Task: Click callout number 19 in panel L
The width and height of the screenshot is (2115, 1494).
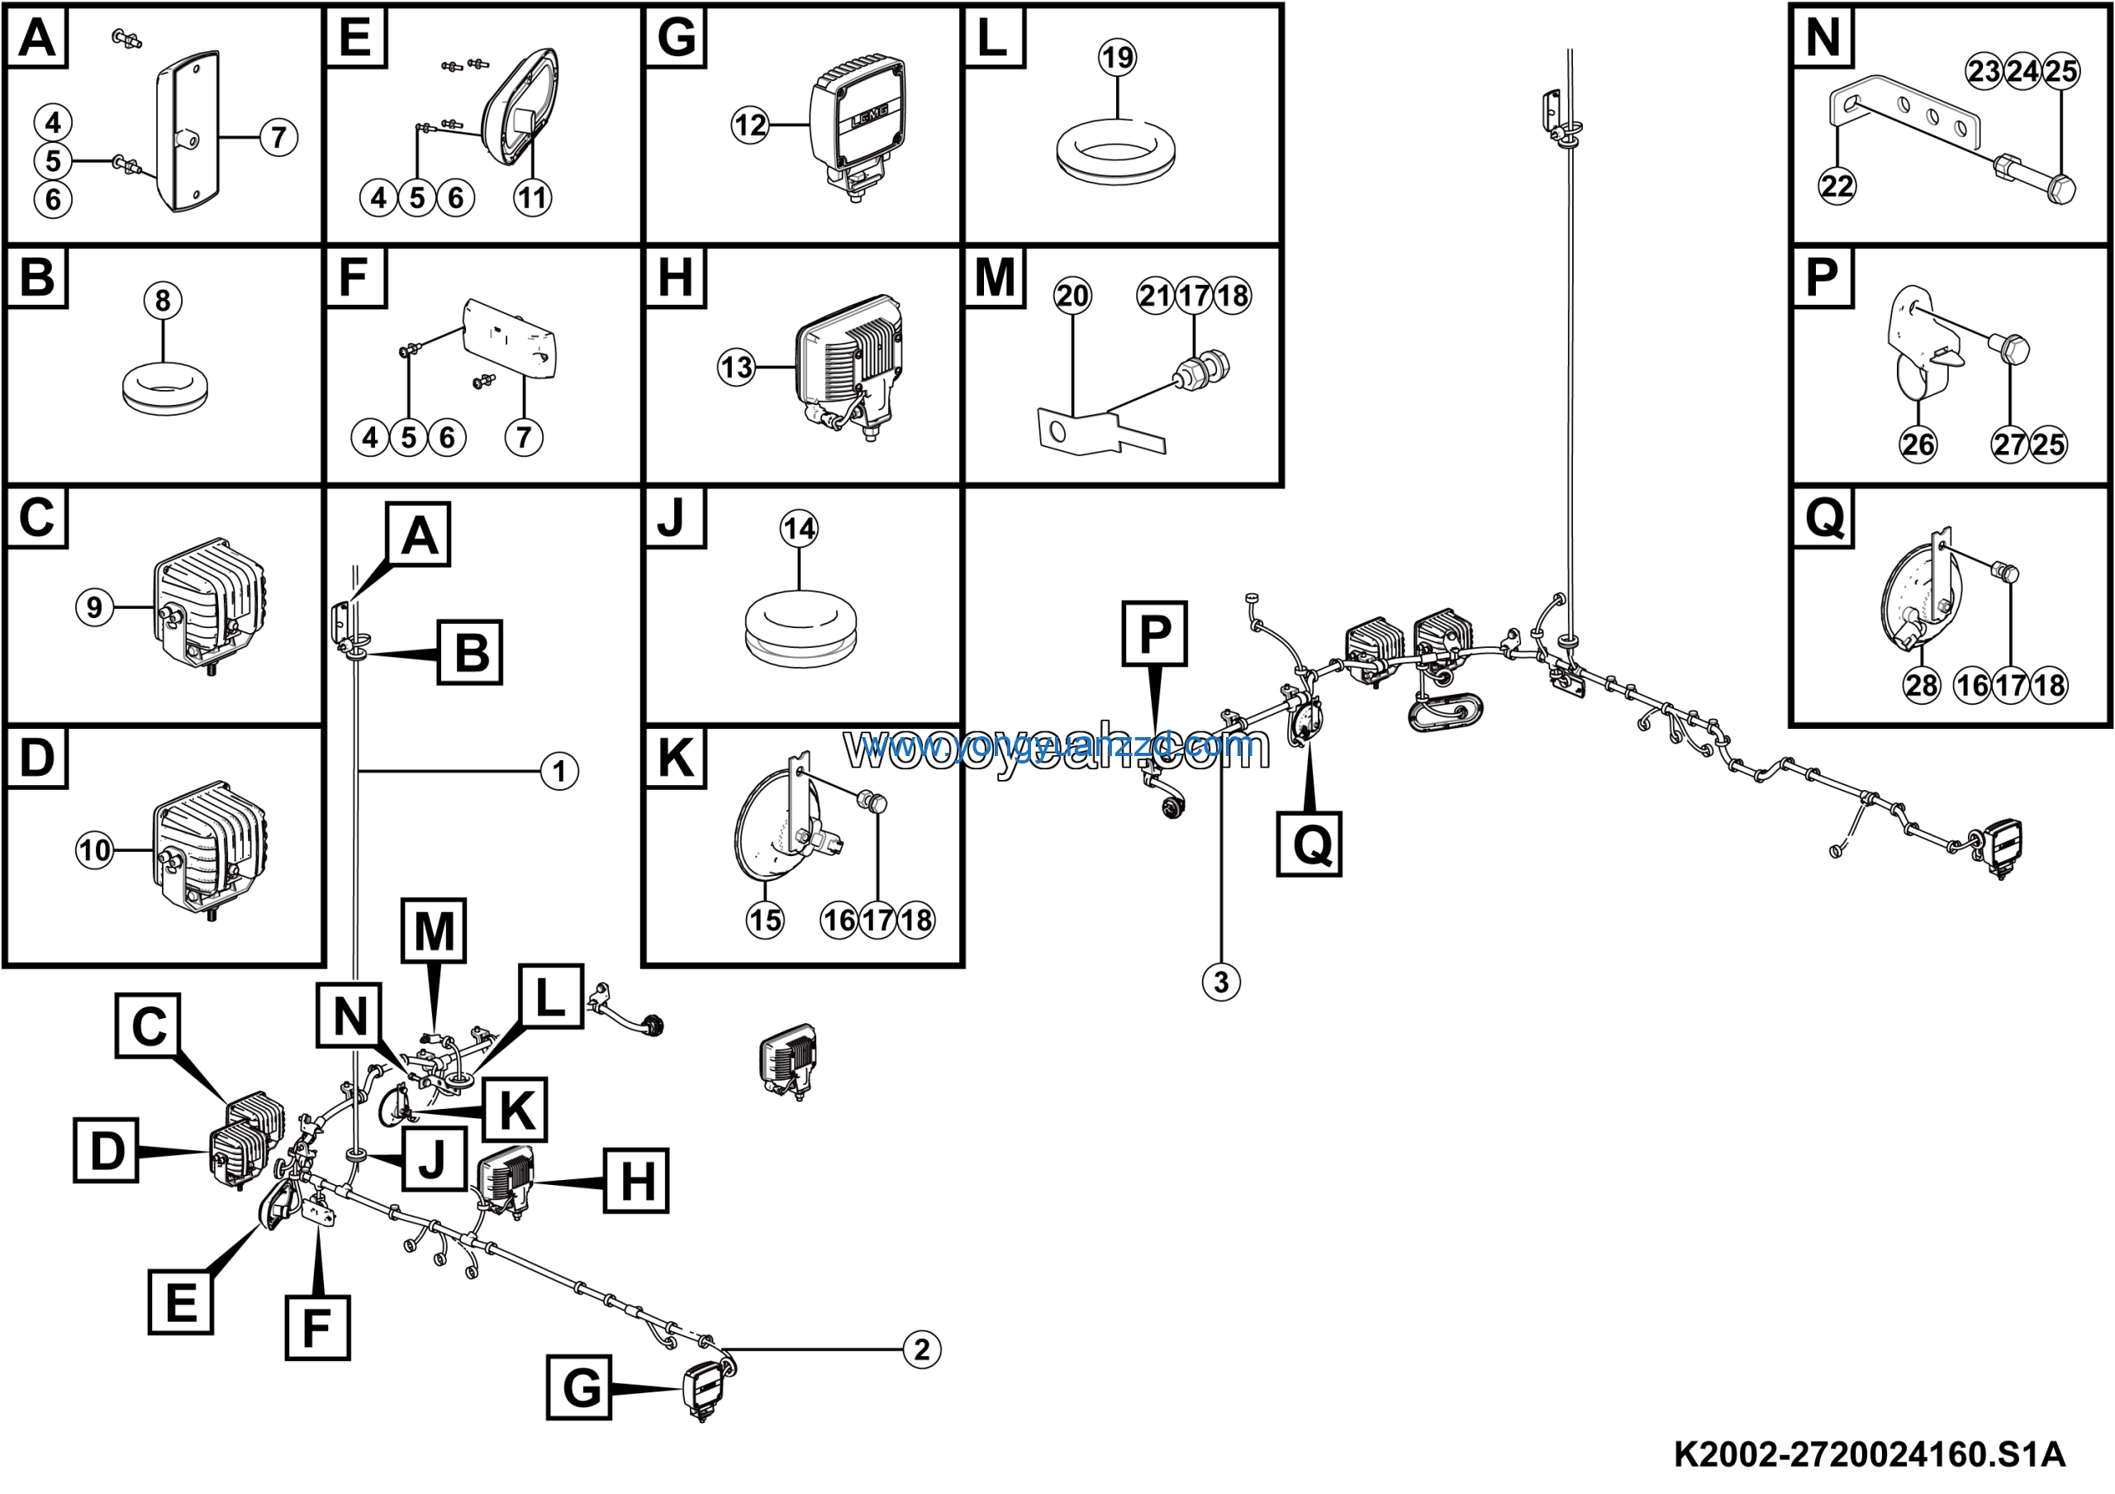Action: (1117, 57)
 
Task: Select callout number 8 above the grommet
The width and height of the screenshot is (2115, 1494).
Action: (163, 300)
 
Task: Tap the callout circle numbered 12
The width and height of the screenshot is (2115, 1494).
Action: (751, 124)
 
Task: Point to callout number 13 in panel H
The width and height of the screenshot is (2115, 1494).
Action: (737, 368)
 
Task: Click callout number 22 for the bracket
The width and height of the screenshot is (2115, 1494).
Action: (1837, 186)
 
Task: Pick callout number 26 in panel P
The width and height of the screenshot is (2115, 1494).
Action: (1918, 444)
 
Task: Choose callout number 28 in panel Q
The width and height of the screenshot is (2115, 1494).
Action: (1922, 685)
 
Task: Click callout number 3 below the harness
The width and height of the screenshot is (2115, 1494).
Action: (1221, 982)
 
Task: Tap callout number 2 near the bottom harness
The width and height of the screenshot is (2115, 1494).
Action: (922, 1350)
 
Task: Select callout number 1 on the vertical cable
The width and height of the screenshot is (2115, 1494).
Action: (559, 771)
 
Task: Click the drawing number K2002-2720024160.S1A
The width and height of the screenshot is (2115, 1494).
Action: (1869, 1454)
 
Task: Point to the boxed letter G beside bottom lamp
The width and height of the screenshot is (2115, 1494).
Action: (579, 1387)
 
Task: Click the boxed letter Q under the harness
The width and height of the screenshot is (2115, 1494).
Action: (1309, 843)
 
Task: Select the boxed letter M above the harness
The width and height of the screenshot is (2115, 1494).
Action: (434, 930)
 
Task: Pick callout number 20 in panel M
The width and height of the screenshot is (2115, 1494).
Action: (1072, 296)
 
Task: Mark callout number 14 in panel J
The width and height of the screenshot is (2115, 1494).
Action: (799, 529)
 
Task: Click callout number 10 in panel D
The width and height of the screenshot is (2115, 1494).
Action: (95, 850)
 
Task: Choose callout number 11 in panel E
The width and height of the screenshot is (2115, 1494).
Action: (532, 197)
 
